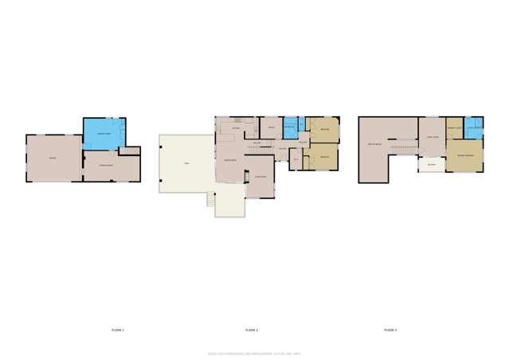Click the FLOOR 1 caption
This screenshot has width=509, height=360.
click(x=117, y=329)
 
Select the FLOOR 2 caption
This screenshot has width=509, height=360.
click(x=252, y=329)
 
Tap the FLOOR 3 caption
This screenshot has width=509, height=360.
click(x=390, y=329)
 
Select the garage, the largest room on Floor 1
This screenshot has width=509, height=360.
click(x=53, y=158)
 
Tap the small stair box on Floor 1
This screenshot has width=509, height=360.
click(x=129, y=151)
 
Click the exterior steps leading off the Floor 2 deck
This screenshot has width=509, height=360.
click(x=211, y=199)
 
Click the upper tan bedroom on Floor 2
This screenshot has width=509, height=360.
click(x=323, y=129)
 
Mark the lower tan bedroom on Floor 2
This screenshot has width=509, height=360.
click(x=323, y=157)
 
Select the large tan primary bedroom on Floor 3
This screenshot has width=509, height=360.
click(x=464, y=156)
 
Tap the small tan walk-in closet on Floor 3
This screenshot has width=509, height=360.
click(x=454, y=128)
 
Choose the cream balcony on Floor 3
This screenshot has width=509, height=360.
click(x=431, y=165)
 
